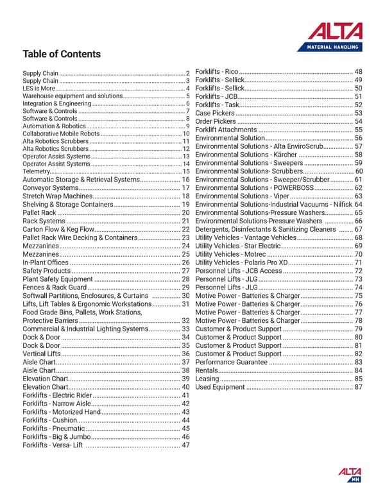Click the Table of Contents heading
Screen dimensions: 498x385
tap(62, 54)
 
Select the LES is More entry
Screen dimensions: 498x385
tap(38, 88)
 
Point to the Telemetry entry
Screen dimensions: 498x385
tap(36, 171)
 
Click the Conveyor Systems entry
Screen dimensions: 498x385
tap(50, 187)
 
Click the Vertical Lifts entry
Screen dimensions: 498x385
tap(42, 354)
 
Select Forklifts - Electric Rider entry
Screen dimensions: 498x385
tap(57, 395)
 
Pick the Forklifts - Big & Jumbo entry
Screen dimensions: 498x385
tap(56, 437)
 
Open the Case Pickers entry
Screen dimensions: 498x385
tap(215, 113)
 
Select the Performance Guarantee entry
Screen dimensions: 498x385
tap(230, 362)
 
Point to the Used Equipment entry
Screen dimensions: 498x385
tap(219, 387)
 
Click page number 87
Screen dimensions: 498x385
tap(359, 387)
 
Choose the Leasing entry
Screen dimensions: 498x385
tap(207, 379)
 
